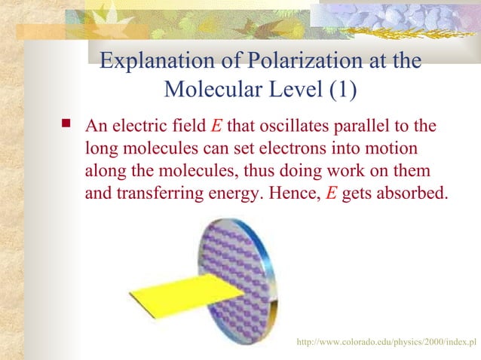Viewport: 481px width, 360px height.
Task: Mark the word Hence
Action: (x=296, y=192)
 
